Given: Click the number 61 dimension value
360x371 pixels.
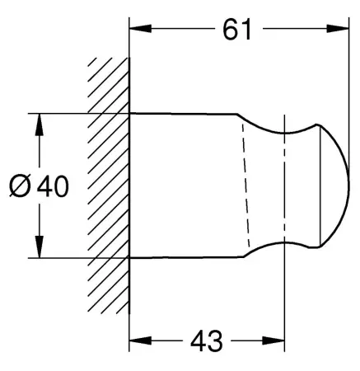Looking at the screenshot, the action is pos(237,30).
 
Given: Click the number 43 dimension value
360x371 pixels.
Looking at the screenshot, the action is pos(207,341).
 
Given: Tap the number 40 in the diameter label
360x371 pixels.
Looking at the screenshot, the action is pos(53,186).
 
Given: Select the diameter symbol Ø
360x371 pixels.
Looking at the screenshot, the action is pos(20,186).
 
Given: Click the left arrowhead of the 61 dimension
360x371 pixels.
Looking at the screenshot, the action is pos(140,28).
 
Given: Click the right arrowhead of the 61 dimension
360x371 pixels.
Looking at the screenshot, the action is pos(338,28).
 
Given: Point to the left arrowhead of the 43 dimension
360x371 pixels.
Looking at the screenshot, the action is pos(140,340).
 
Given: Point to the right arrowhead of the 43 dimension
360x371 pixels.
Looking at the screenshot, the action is pos(274,340).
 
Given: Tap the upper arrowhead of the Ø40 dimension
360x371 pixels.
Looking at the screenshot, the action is pos(40,124).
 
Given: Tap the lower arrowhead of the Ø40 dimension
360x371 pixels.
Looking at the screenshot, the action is pos(40,247).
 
